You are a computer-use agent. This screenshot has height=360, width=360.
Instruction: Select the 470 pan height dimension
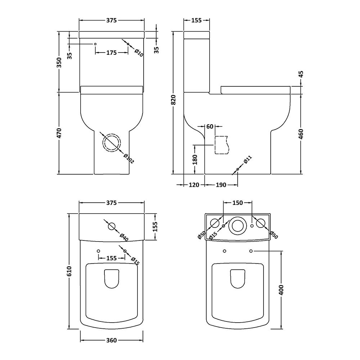click(x=59, y=133)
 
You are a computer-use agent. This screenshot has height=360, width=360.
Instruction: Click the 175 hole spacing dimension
click(x=112, y=53)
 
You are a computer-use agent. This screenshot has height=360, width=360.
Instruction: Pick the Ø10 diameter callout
click(x=139, y=53)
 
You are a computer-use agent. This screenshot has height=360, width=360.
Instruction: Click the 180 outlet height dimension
click(x=195, y=159)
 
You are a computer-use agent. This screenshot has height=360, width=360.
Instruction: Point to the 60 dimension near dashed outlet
click(x=210, y=126)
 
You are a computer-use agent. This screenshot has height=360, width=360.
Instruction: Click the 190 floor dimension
click(x=221, y=185)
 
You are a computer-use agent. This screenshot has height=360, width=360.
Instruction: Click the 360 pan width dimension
click(x=112, y=341)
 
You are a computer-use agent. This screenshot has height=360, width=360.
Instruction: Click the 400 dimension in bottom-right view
click(x=281, y=290)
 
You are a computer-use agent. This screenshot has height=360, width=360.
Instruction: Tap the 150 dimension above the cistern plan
click(x=237, y=203)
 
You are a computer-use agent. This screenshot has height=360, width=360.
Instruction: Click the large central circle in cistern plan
click(x=237, y=225)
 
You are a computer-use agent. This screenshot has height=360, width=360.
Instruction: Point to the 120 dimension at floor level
click(x=194, y=185)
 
